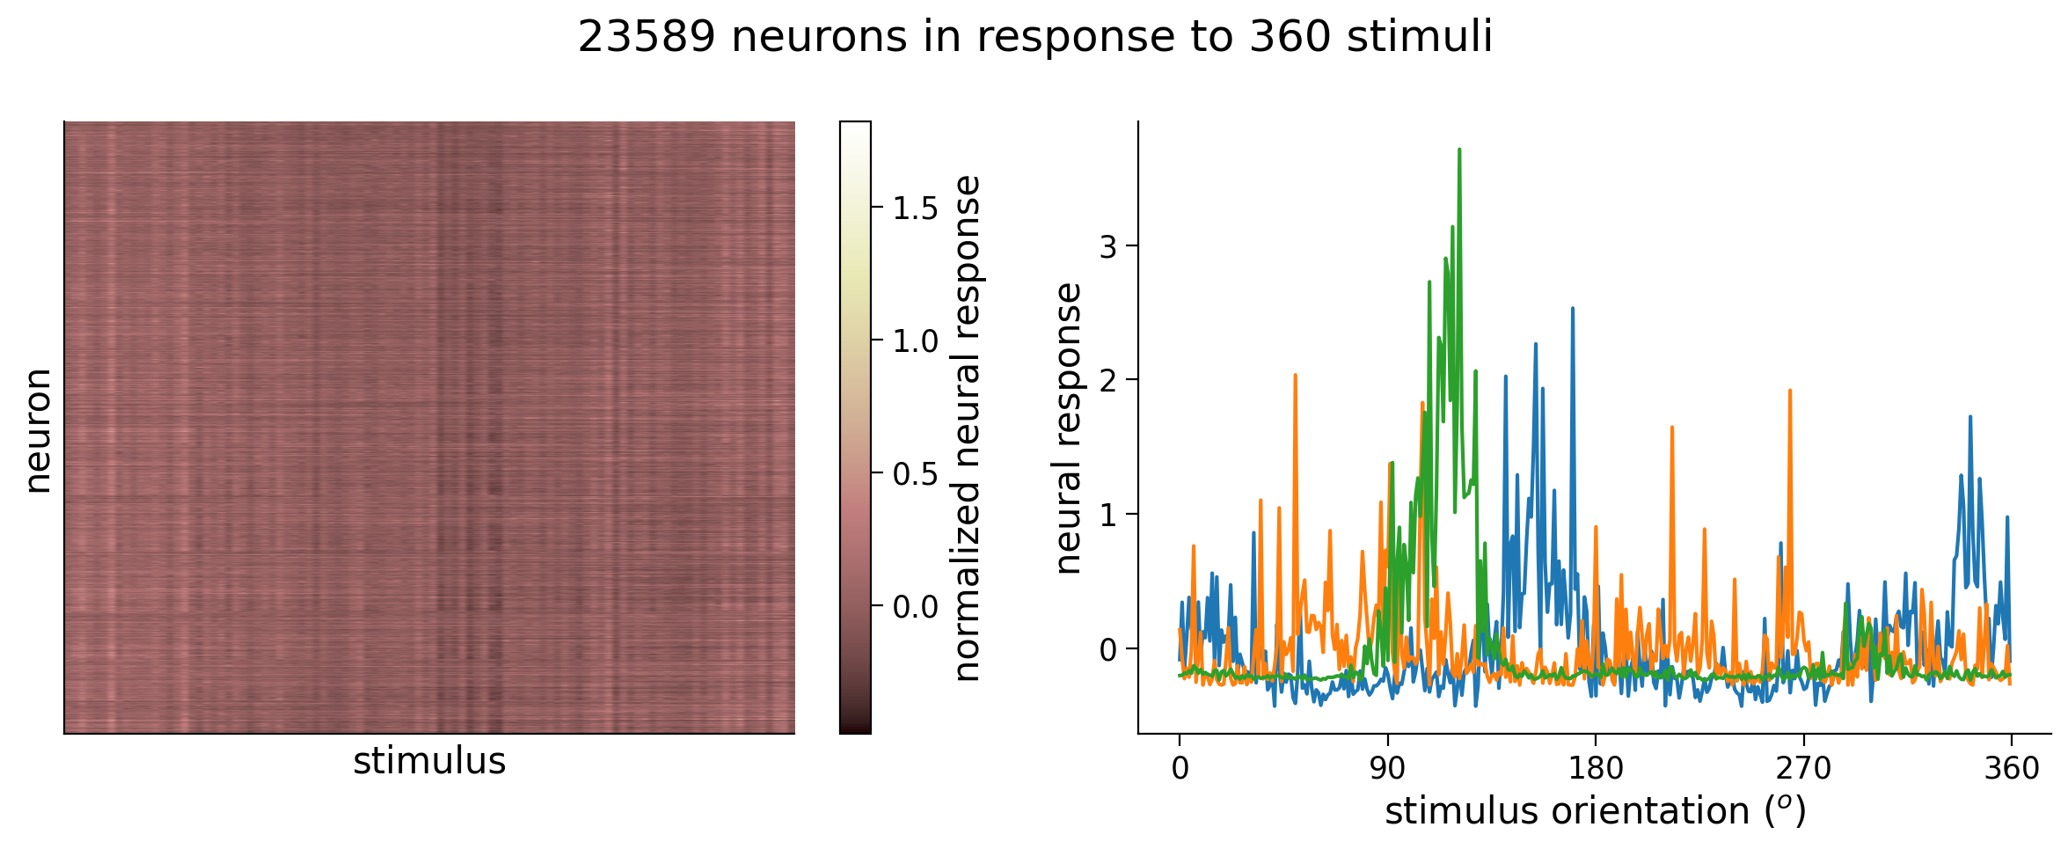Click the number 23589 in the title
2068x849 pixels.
(647, 38)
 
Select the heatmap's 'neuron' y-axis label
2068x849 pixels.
(38, 430)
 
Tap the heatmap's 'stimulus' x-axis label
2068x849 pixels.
(429, 761)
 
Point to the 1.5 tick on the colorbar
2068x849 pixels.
(916, 209)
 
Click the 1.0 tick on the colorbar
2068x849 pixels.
(916, 341)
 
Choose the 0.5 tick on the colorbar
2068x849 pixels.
(916, 474)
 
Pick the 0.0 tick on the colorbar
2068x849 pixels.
(916, 607)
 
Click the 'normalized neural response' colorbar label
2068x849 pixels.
(968, 428)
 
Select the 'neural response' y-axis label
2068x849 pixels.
(1068, 428)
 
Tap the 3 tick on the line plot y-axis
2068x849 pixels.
(1107, 246)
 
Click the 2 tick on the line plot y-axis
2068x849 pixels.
(1107, 380)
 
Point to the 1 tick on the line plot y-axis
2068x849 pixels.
(1107, 515)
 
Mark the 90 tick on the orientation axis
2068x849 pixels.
(1387, 769)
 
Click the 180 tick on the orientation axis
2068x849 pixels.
(1596, 769)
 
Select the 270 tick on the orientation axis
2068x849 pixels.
(1803, 769)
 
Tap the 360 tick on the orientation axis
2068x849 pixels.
(2012, 769)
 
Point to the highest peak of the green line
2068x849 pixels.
(1459, 150)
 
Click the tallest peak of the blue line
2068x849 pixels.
(1572, 308)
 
